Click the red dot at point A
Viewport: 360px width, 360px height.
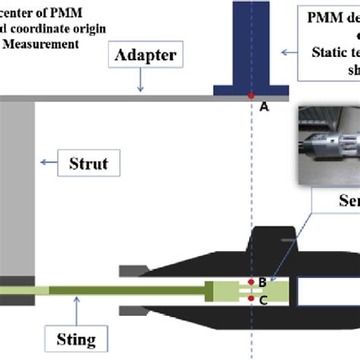[251, 96]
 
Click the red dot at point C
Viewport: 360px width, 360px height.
[251, 298]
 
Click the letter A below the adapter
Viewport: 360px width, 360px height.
[264, 108]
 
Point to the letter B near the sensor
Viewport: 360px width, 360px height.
[263, 283]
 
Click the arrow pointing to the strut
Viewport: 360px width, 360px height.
[51, 161]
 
